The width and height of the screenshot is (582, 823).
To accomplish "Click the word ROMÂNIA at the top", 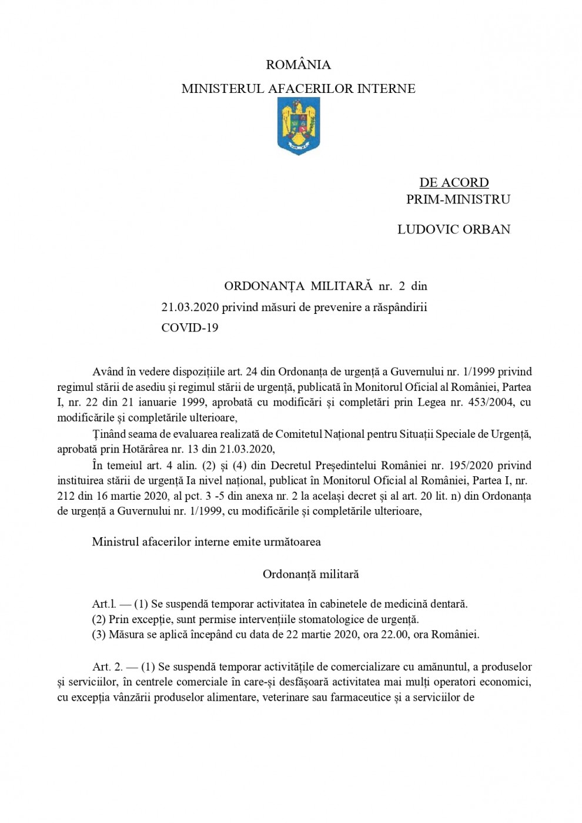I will [x=298, y=65].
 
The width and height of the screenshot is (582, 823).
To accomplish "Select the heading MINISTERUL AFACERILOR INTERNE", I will [x=298, y=89].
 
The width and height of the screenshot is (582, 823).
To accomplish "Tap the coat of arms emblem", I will [x=298, y=126].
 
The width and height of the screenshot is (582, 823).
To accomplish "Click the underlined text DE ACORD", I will [x=454, y=183].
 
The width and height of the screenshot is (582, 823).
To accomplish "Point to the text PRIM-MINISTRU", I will [x=458, y=199].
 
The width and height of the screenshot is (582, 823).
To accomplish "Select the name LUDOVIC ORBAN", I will [x=454, y=229].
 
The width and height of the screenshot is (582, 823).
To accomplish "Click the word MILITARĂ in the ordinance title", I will [x=341, y=286].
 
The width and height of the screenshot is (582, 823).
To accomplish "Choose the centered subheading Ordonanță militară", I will [x=310, y=574].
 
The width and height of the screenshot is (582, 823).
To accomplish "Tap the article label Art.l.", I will [x=104, y=604].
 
